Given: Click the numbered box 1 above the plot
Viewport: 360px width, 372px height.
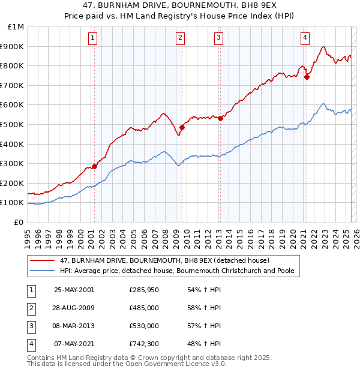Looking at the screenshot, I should point(94,38).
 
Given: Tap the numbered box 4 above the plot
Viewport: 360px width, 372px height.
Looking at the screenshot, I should point(305,38).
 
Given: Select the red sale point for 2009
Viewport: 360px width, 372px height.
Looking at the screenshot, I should point(182,127).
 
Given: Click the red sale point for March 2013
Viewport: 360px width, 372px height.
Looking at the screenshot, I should point(220,118).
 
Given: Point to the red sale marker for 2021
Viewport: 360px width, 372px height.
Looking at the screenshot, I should point(307,77).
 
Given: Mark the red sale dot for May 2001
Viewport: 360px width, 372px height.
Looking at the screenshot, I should point(94,166).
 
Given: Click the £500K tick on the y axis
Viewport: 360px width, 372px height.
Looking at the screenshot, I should point(14,124).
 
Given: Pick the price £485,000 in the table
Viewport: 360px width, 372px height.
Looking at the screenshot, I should point(144,308).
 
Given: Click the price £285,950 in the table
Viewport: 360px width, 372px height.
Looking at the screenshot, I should point(144,290).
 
